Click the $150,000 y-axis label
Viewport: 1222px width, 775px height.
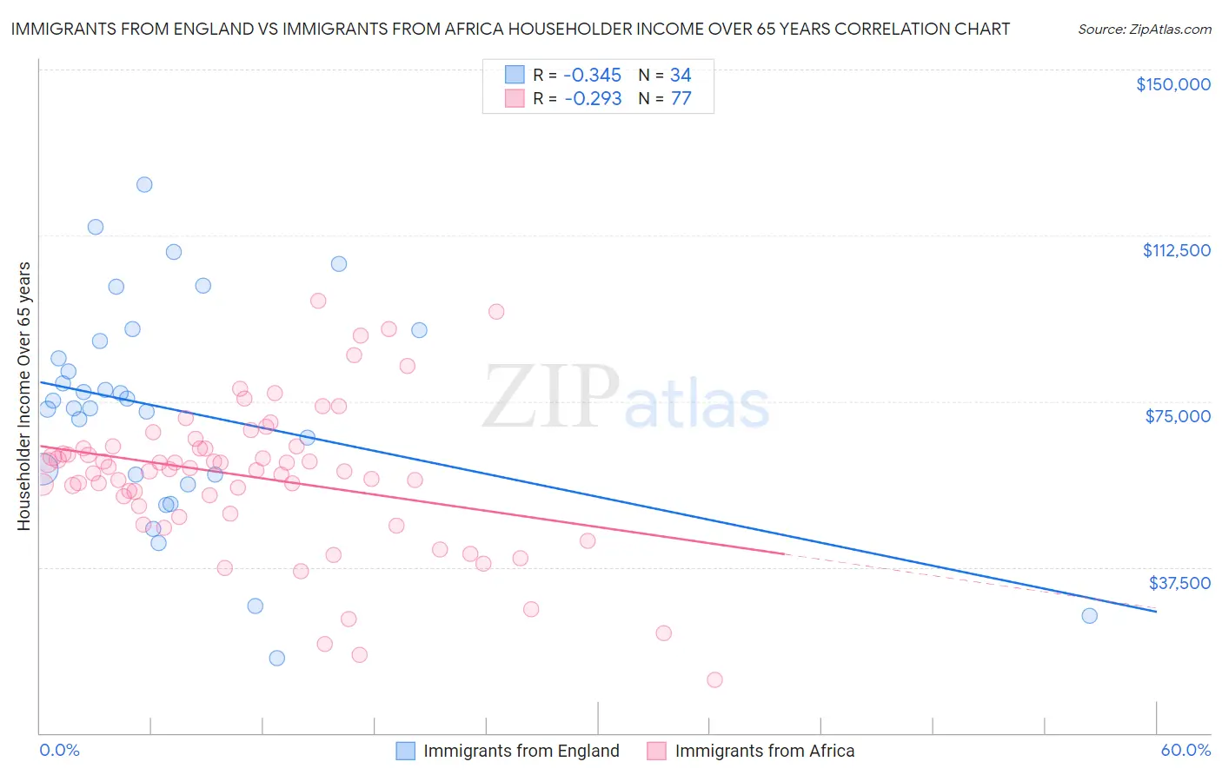click(1172, 84)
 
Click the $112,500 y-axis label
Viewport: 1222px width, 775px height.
click(1176, 250)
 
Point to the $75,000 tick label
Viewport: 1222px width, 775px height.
click(1178, 416)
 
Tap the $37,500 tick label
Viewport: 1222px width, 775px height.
click(1179, 583)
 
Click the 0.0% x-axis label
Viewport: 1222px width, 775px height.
click(59, 751)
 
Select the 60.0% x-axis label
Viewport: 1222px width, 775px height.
click(1185, 751)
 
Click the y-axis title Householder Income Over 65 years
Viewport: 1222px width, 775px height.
click(24, 396)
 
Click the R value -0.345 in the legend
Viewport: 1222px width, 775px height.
click(593, 76)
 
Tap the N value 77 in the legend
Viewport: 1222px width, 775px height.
click(681, 99)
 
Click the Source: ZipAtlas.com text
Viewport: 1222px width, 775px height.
click(1144, 30)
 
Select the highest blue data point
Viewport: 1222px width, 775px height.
click(144, 184)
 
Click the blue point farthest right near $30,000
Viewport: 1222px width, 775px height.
click(1089, 616)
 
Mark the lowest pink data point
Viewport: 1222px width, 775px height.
click(714, 680)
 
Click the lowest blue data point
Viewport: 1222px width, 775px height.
click(276, 658)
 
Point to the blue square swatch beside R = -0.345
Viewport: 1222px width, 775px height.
click(515, 76)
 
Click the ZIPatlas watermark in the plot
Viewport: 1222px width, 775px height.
click(626, 399)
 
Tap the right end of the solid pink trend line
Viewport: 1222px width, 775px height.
click(784, 553)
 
